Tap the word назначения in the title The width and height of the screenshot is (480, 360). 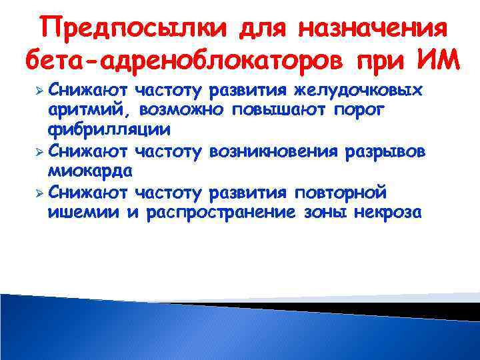tap(371, 29)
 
